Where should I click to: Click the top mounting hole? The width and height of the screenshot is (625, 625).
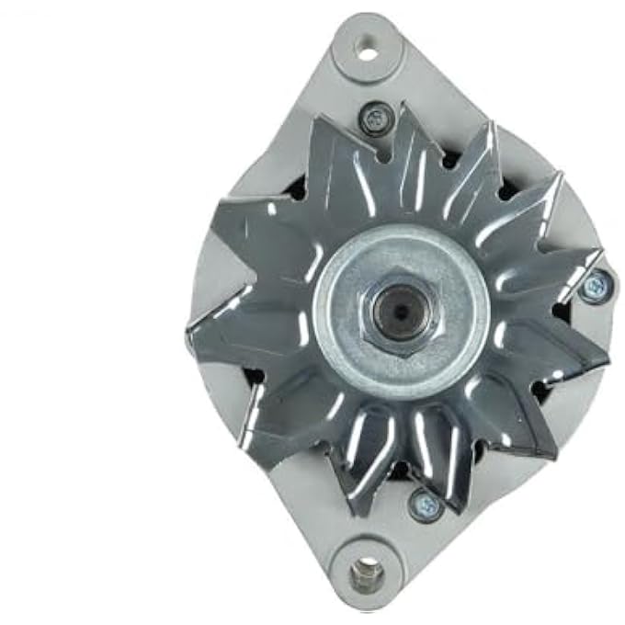click(368, 51)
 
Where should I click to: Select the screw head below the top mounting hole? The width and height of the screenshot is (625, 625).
click(376, 119)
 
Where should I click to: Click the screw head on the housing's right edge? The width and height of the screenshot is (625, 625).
click(595, 286)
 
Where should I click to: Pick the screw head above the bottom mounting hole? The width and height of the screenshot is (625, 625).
click(424, 503)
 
